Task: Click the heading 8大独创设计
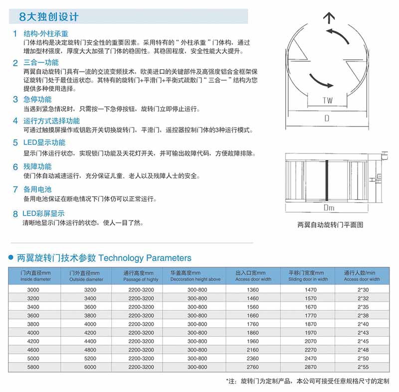pos(48,16)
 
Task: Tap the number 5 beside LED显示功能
pos(15,143)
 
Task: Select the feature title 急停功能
pos(37,99)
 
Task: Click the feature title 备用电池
pos(37,190)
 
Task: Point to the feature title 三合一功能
pos(41,63)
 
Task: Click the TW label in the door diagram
pos(327,101)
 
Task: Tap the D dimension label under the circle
pos(327,119)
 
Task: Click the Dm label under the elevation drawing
pos(329,208)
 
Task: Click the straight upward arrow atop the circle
pos(329,19)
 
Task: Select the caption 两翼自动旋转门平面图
pos(330,225)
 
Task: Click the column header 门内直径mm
pos(35,273)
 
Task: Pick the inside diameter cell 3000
pos(33,290)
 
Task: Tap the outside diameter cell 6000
pos(90,367)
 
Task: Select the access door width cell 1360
pos(253,290)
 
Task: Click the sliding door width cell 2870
pos(310,367)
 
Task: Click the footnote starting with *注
pos(307,382)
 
